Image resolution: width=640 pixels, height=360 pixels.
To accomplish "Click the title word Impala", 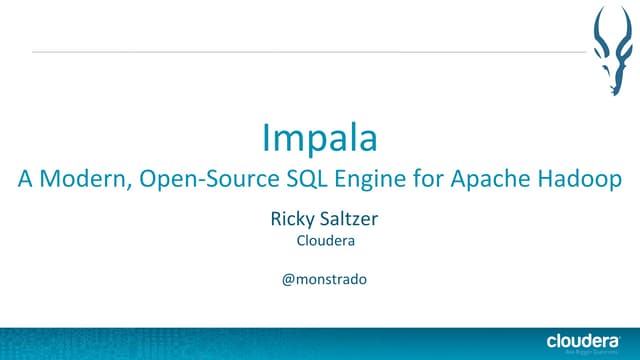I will [x=319, y=137].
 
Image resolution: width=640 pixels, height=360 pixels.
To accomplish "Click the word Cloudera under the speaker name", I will [x=320, y=241].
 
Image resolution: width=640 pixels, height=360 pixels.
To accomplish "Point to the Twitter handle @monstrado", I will [x=320, y=279].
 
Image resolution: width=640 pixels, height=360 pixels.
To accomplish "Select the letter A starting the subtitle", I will [x=25, y=181].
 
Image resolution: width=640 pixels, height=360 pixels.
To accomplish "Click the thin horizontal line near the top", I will [x=300, y=50].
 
